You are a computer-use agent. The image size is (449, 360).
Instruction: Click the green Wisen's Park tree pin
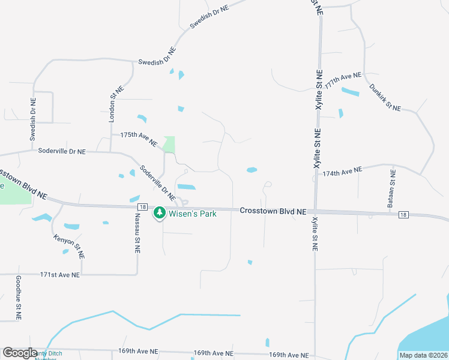click(x=160, y=212)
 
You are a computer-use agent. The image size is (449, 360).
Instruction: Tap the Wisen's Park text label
click(x=193, y=212)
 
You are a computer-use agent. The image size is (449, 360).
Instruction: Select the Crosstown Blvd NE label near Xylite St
click(x=273, y=211)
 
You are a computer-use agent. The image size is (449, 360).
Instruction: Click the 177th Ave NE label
click(x=343, y=81)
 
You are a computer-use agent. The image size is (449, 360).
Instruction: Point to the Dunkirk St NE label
click(x=385, y=97)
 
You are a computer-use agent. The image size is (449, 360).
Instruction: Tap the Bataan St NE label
click(x=393, y=188)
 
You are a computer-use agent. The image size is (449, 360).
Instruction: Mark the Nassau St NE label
click(x=137, y=232)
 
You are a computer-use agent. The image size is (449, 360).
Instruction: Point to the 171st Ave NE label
click(x=59, y=274)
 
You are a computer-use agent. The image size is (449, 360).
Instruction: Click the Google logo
click(x=20, y=353)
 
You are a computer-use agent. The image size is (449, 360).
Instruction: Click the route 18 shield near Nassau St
click(x=137, y=206)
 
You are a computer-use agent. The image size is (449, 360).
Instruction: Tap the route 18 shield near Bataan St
click(x=403, y=214)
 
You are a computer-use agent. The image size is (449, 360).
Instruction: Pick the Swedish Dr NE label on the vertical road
click(x=33, y=119)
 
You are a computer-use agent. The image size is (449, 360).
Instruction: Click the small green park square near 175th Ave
click(x=169, y=145)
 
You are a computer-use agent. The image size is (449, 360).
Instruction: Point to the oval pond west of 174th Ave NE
click(x=252, y=170)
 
